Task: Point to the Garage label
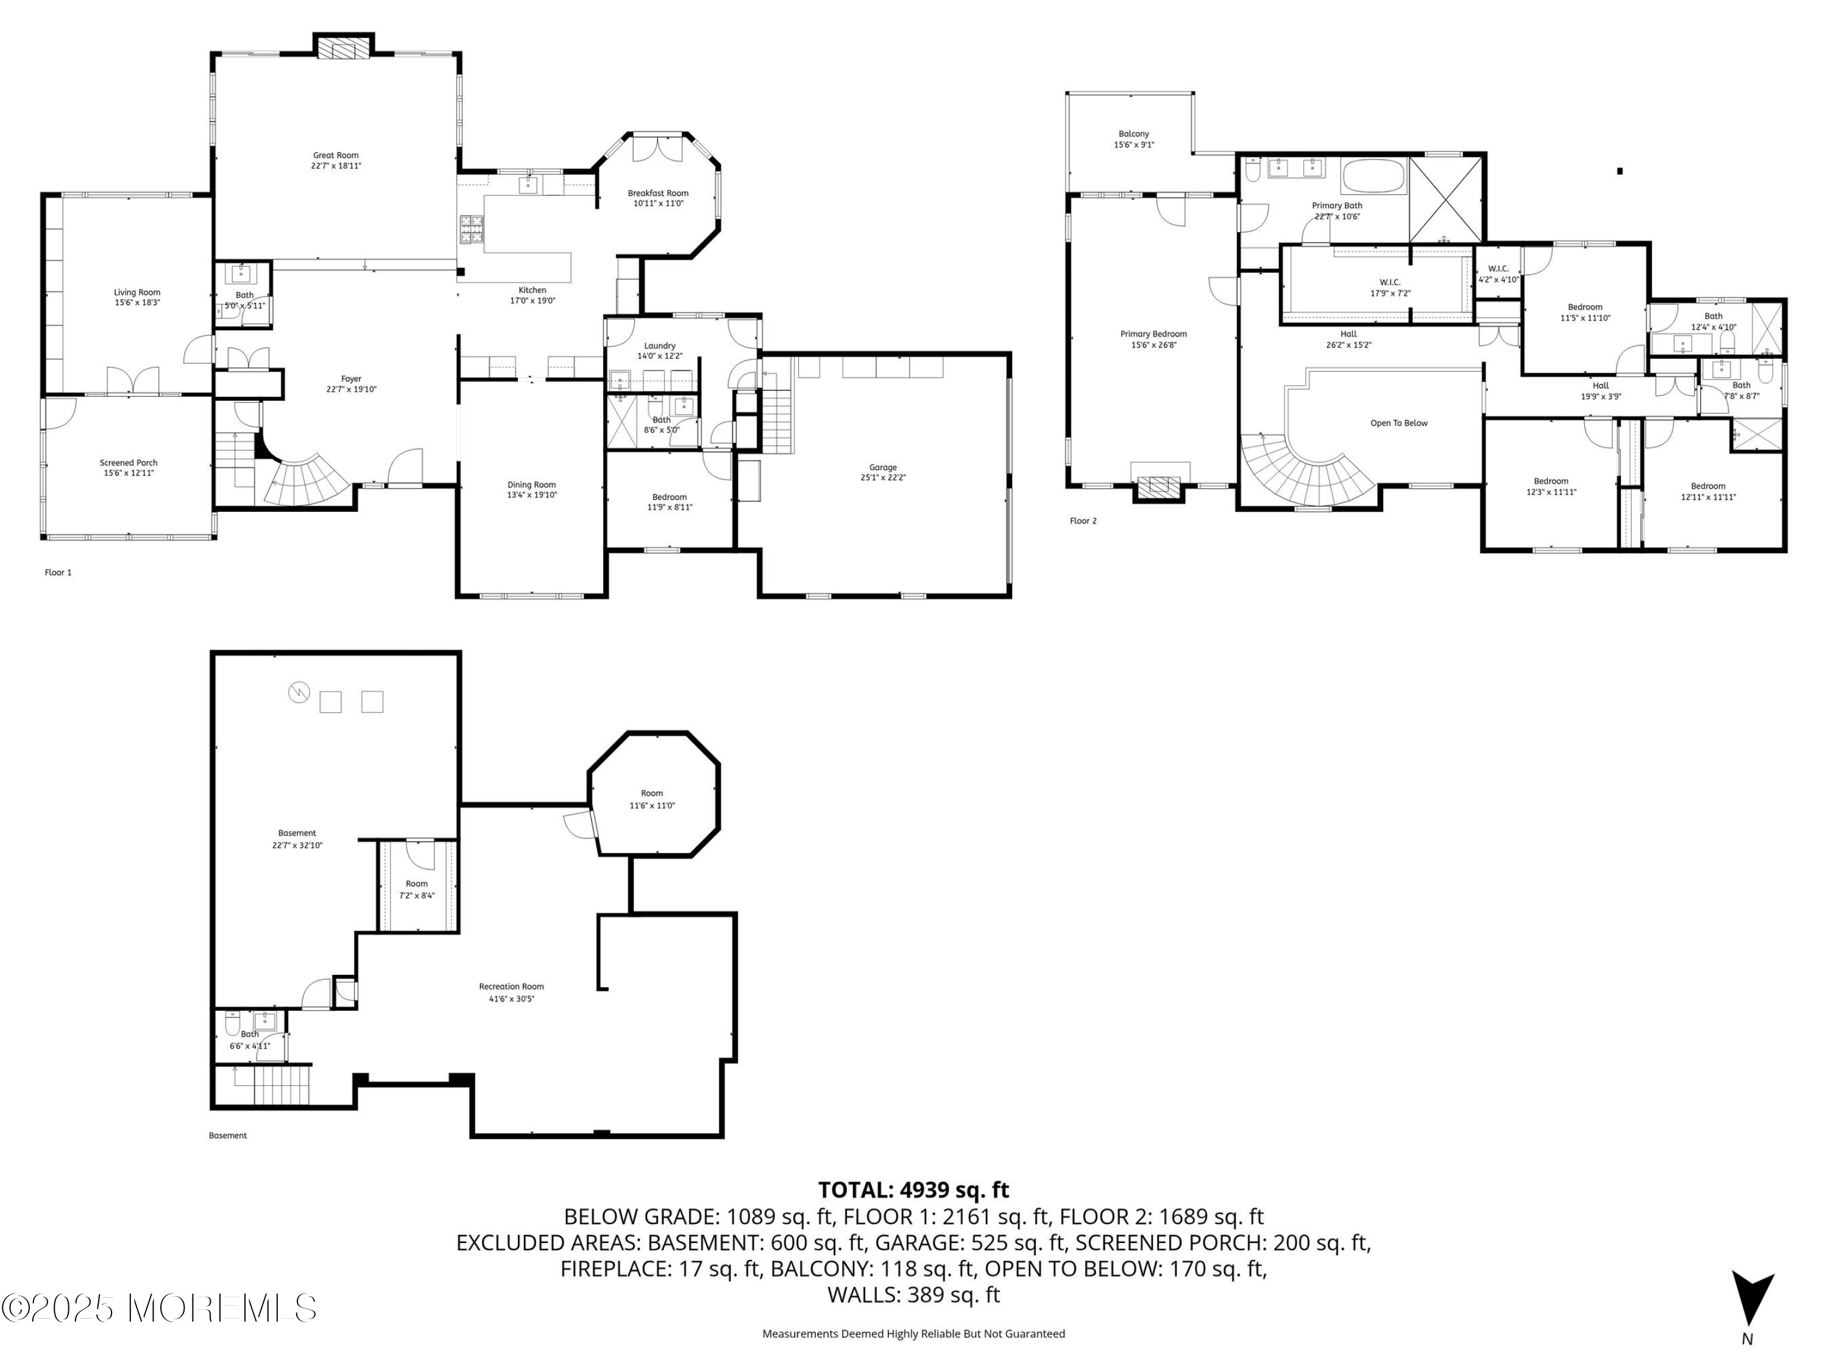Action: (882, 468)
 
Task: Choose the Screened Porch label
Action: (129, 462)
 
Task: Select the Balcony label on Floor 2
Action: (1134, 134)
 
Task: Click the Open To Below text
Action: (1399, 423)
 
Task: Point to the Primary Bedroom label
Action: (1153, 334)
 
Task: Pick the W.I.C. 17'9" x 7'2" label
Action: (1390, 288)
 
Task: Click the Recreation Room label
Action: (512, 986)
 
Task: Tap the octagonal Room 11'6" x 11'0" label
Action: (652, 799)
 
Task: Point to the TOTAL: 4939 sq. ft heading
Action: (913, 1190)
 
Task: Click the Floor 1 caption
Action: (58, 572)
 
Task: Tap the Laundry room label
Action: (659, 345)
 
